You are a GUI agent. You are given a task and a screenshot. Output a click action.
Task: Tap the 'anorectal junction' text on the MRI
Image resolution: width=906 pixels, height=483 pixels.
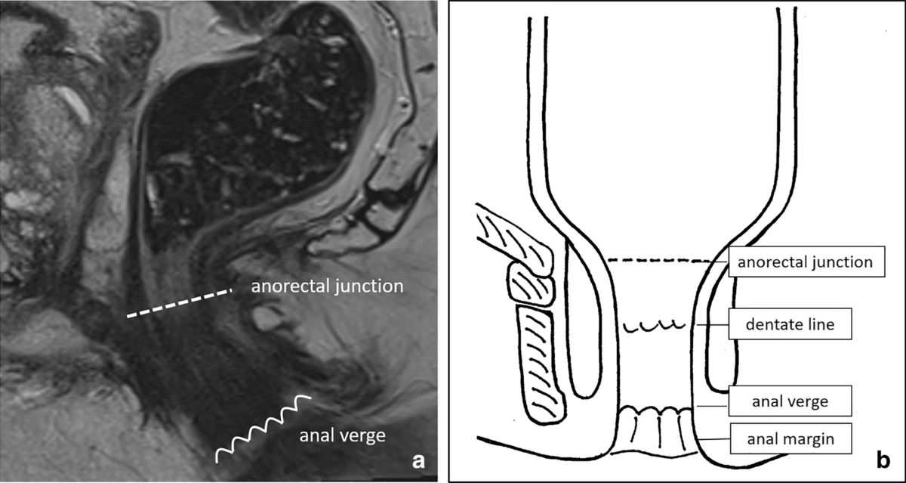coord(328,287)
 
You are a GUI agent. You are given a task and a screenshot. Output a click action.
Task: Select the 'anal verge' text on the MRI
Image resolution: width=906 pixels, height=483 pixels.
coord(343,435)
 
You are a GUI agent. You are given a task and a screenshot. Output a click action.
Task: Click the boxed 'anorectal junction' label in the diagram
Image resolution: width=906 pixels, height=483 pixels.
coord(806,263)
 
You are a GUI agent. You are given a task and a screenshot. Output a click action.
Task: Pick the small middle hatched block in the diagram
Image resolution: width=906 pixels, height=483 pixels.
coord(532,283)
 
